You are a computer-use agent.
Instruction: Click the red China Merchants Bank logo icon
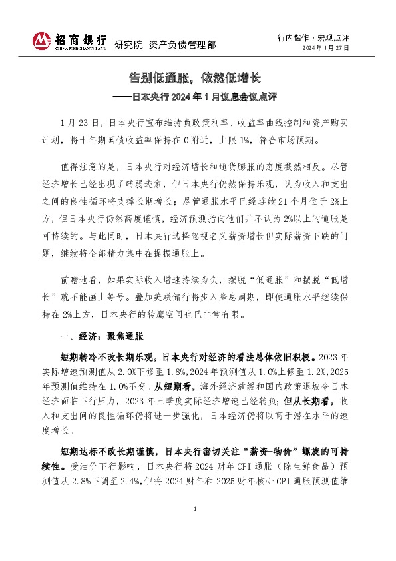click(41, 41)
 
